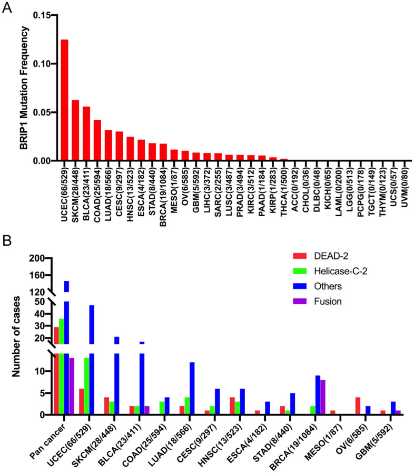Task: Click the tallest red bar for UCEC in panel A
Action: coord(65,100)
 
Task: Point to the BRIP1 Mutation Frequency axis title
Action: coord(24,88)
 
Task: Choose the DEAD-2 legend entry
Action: coord(320,256)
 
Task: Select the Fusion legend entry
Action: coord(321,301)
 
